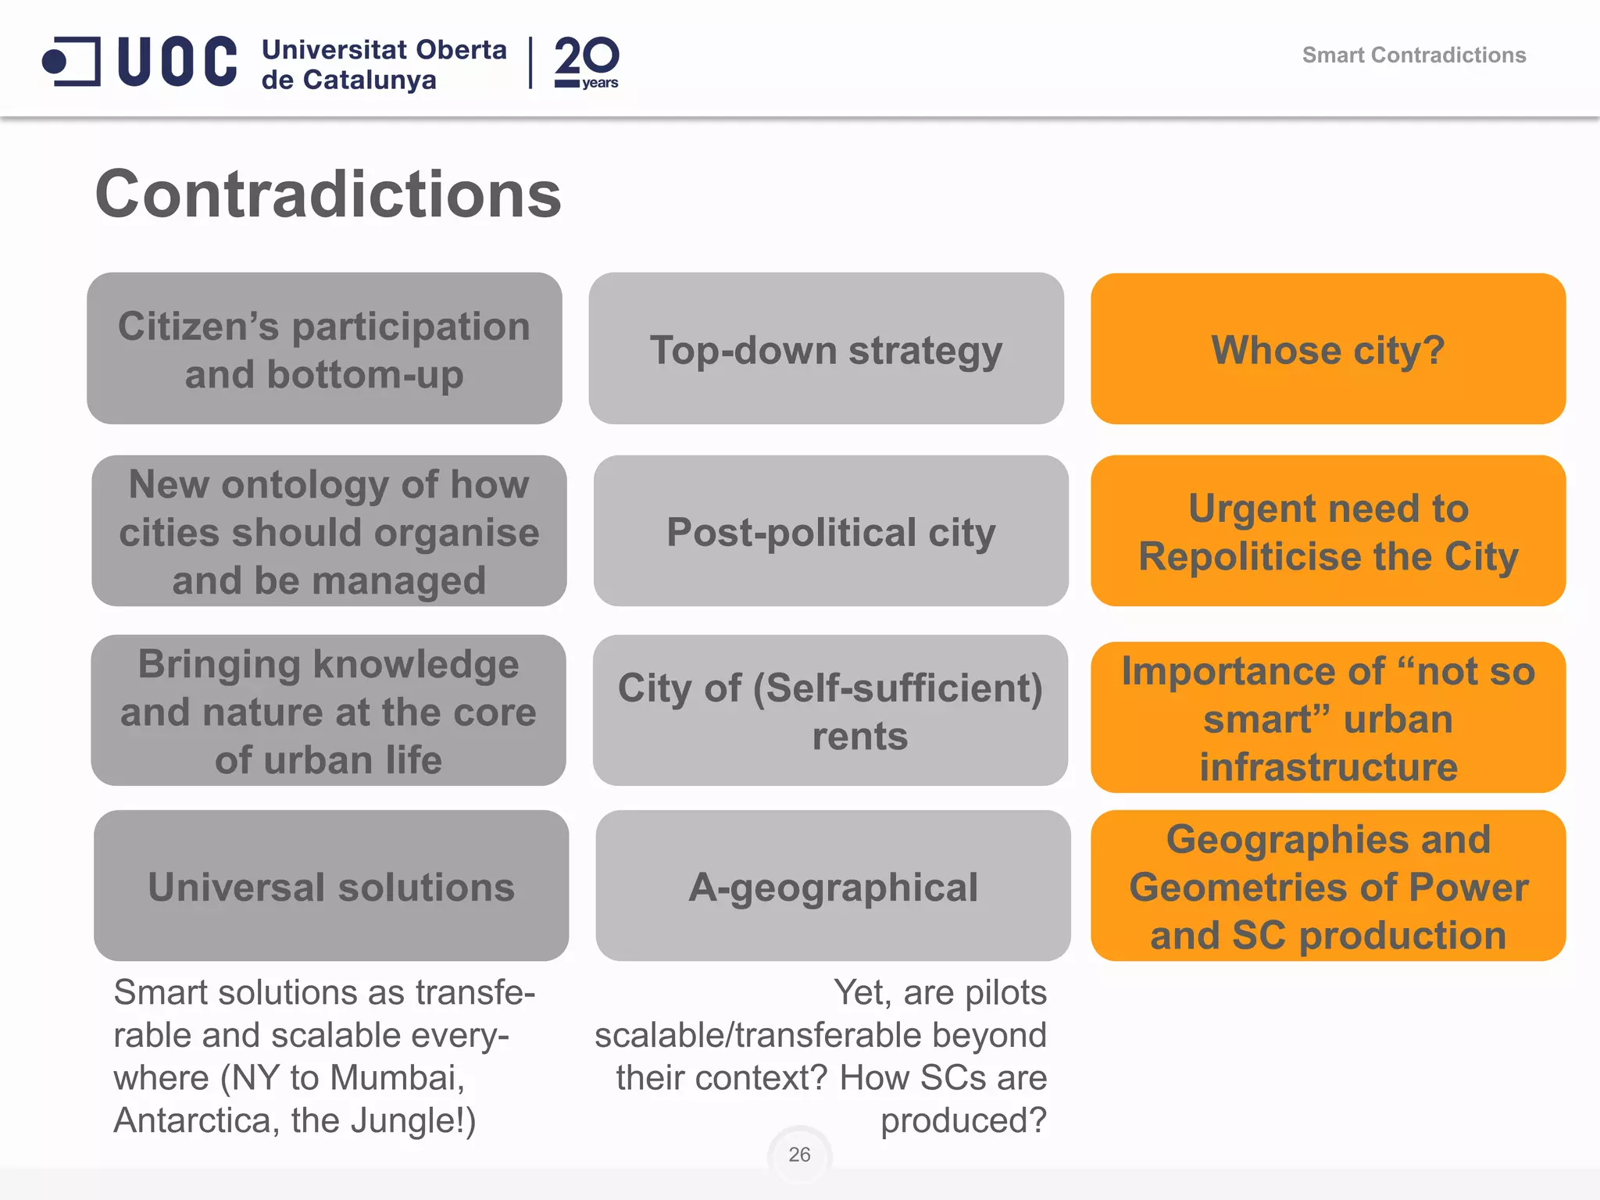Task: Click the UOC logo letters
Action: tap(177, 61)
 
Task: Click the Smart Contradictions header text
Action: tap(1413, 55)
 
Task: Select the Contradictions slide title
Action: tap(328, 195)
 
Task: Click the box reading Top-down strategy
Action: tap(826, 349)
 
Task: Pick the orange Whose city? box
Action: tap(1328, 349)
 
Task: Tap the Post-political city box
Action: tap(830, 531)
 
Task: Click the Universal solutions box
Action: tap(331, 886)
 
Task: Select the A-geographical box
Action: tap(833, 886)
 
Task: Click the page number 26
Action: tap(799, 1154)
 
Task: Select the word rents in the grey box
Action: tap(859, 736)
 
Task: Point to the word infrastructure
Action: tap(1328, 767)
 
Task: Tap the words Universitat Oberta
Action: tap(384, 49)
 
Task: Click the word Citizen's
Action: tap(198, 327)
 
